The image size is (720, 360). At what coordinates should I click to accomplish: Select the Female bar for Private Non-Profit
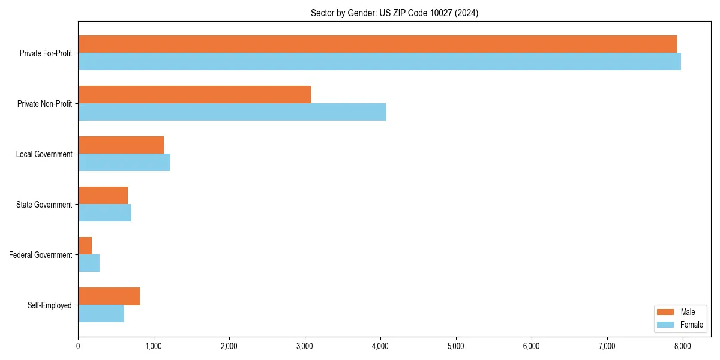pyautogui.click(x=232, y=112)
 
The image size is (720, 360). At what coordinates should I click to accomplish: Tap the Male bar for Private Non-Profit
pyautogui.click(x=194, y=95)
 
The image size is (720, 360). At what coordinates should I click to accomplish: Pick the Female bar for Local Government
pyautogui.click(x=124, y=163)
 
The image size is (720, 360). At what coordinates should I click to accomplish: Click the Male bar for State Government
pyautogui.click(x=103, y=196)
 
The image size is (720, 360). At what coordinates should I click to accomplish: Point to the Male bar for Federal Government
pyautogui.click(x=85, y=246)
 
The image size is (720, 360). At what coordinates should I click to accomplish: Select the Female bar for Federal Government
pyautogui.click(x=89, y=263)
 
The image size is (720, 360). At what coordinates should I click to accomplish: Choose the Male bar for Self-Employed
pyautogui.click(x=109, y=296)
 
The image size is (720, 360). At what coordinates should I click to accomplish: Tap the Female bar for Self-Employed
pyautogui.click(x=101, y=314)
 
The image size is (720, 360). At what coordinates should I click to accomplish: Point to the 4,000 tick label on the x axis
pyautogui.click(x=380, y=346)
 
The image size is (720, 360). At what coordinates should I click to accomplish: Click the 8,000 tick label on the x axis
pyautogui.click(x=683, y=346)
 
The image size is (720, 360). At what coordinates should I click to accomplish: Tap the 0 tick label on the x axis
pyautogui.click(x=78, y=346)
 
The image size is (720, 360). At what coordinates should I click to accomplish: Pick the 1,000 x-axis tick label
pyautogui.click(x=154, y=346)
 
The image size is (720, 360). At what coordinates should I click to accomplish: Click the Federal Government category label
pyautogui.click(x=40, y=255)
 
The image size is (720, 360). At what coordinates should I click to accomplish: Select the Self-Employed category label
pyautogui.click(x=49, y=305)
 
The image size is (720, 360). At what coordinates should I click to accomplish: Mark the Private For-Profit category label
pyautogui.click(x=46, y=53)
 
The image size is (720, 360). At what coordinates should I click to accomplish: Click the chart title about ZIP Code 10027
pyautogui.click(x=394, y=13)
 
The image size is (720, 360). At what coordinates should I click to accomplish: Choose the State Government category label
pyautogui.click(x=44, y=205)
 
